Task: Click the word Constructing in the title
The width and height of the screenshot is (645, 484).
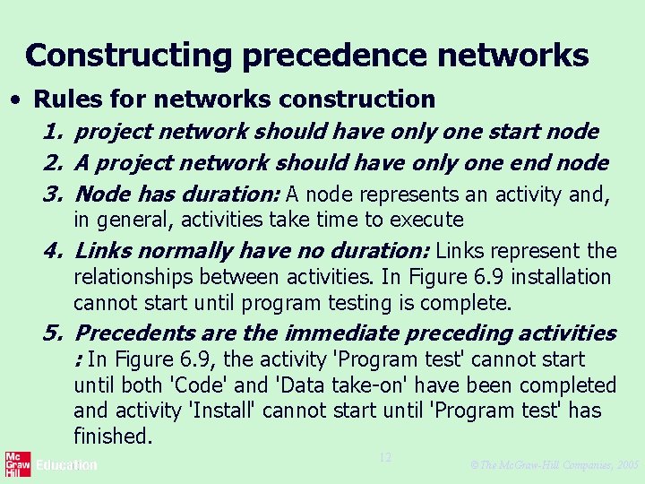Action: point(129,56)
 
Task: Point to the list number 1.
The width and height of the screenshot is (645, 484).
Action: point(50,132)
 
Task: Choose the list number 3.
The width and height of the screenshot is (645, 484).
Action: point(51,194)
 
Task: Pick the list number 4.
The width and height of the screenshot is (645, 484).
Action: point(51,251)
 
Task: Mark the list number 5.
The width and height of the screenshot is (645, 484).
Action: point(51,333)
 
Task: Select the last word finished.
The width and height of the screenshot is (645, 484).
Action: point(113,436)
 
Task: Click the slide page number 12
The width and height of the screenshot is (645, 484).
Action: point(385,458)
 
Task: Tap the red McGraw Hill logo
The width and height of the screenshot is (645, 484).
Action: point(15,465)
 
